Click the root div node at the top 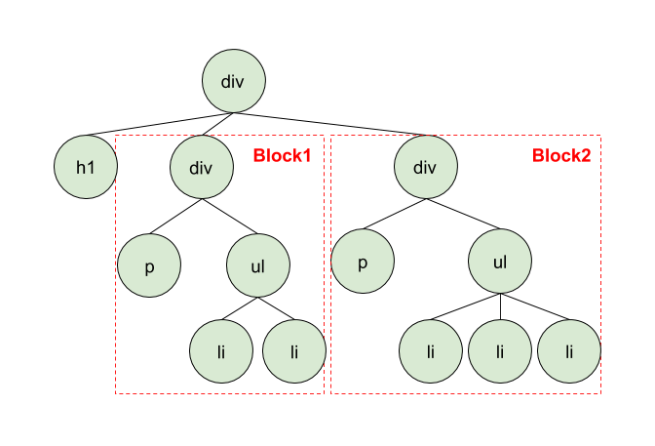click(233, 81)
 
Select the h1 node click(86, 167)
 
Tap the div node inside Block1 click(202, 167)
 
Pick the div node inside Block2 click(425, 167)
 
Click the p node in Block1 click(149, 264)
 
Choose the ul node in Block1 click(258, 264)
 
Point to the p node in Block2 click(363, 264)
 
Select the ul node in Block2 click(500, 263)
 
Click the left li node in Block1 click(221, 350)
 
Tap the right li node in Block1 click(293, 350)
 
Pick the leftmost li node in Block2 click(431, 350)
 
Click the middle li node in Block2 click(500, 350)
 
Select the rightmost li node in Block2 click(569, 350)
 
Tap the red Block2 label click(561, 155)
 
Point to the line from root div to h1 click(156, 124)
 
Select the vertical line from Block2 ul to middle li click(500, 306)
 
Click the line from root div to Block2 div click(331, 124)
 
